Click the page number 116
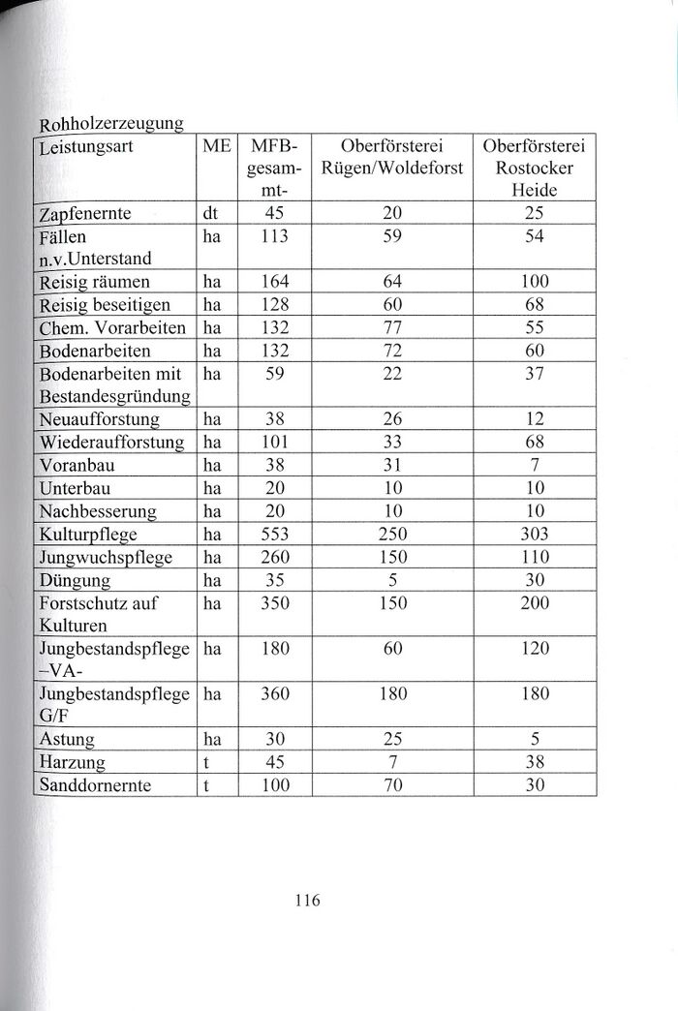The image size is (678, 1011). click(306, 900)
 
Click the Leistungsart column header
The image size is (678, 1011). click(86, 148)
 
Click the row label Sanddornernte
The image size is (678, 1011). click(95, 785)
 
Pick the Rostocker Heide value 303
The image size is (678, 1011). click(535, 535)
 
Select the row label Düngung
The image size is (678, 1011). click(75, 580)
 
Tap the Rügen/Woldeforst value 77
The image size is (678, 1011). click(392, 327)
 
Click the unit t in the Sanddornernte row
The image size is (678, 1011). click(207, 785)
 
